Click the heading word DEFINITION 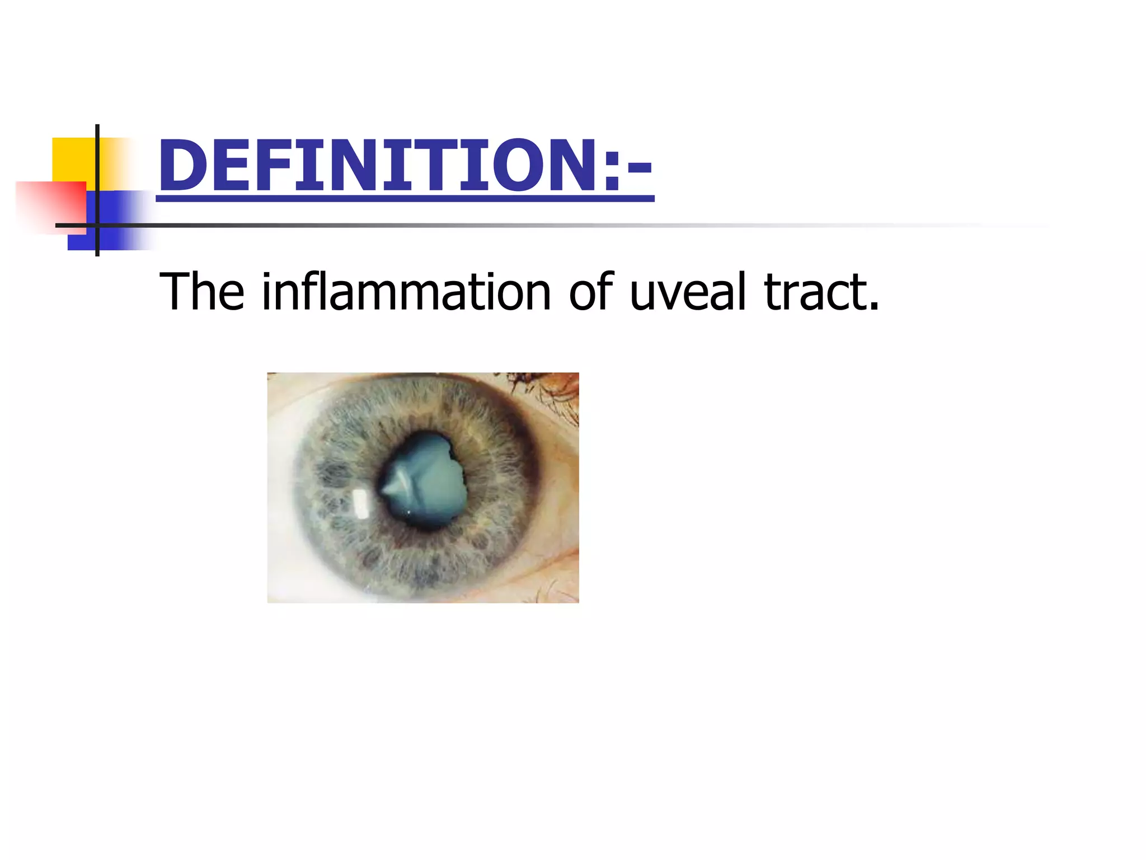click(x=381, y=166)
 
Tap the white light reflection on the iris click(x=361, y=502)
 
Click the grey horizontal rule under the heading click(x=560, y=225)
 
